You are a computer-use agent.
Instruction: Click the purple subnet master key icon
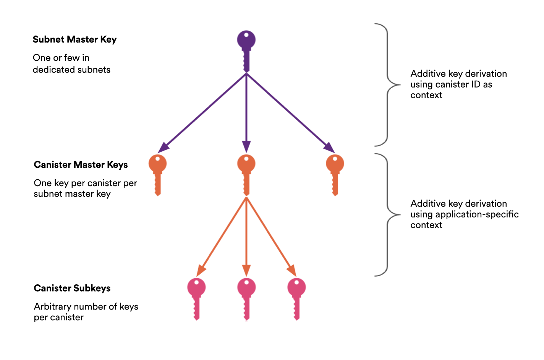tap(246, 50)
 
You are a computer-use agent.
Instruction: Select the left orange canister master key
tap(157, 174)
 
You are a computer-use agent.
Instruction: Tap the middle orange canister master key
tap(246, 174)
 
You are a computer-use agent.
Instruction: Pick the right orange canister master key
tap(335, 174)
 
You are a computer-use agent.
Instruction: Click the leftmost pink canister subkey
tap(196, 298)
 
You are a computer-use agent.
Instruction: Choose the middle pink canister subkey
tap(246, 298)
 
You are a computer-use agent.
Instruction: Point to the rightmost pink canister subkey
tap(296, 298)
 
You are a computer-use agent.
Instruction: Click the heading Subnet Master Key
tap(74, 40)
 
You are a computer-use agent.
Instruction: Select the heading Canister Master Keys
tap(81, 165)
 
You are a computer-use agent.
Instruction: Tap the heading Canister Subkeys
tap(72, 288)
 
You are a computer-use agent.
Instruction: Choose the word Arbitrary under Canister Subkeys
tap(52, 306)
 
